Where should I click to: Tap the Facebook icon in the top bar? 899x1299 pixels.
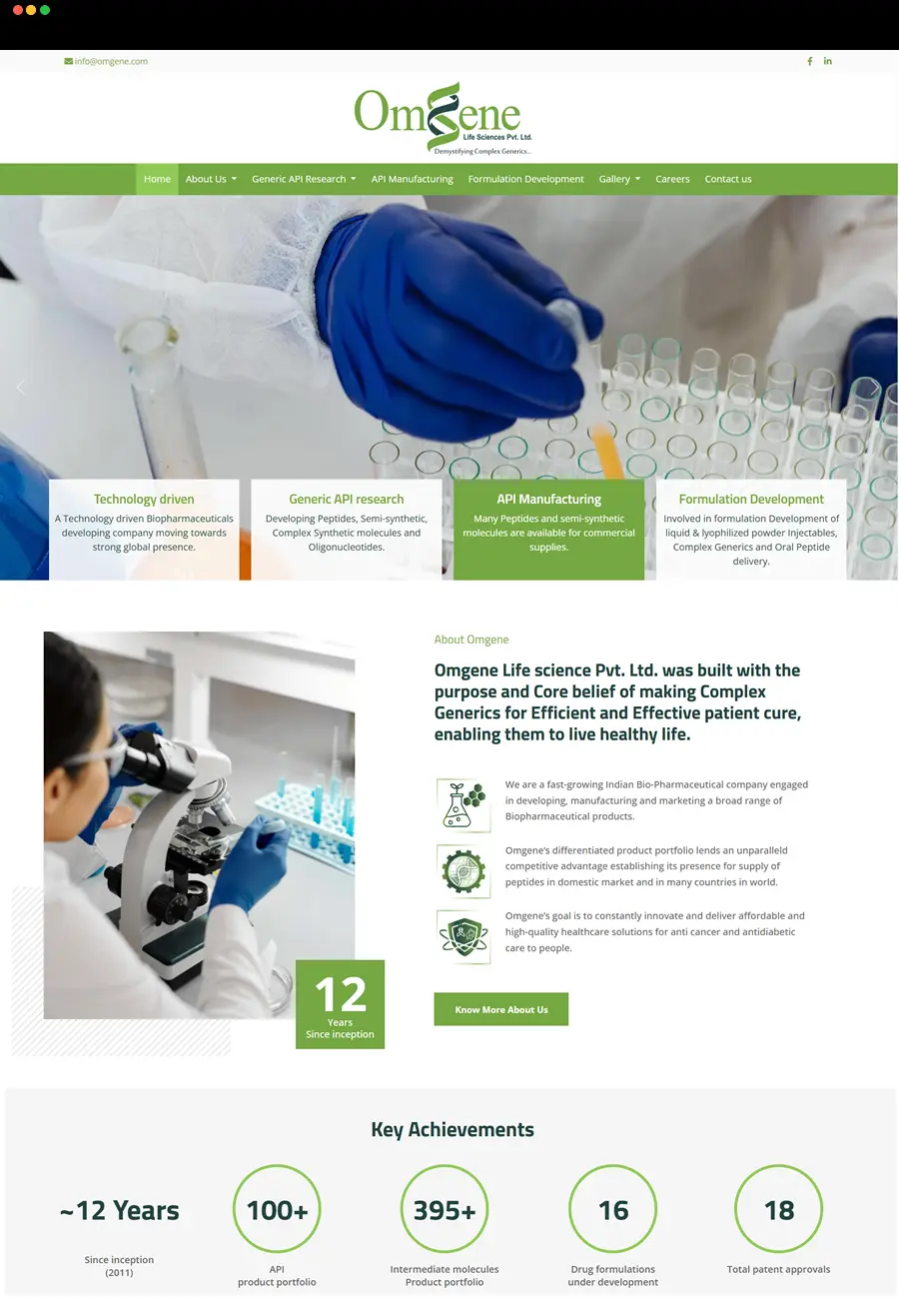(809, 61)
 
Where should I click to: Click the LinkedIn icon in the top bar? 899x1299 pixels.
(828, 61)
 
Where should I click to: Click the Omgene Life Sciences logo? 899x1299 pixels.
(444, 119)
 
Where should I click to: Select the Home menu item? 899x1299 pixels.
(157, 179)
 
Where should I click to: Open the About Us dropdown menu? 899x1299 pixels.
(211, 179)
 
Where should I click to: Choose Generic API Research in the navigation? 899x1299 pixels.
(304, 179)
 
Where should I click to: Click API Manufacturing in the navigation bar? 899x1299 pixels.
(412, 179)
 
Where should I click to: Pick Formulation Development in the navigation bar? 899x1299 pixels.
(525, 179)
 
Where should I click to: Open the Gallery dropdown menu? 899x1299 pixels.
(619, 179)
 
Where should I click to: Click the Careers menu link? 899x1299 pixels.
(672, 179)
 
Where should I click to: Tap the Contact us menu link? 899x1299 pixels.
(727, 179)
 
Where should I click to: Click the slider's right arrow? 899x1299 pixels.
(876, 388)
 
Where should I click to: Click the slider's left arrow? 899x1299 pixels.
(20, 388)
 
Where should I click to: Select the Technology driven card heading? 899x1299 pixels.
(144, 499)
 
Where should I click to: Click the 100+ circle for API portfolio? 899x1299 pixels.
(277, 1209)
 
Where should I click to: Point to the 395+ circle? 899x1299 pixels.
(445, 1209)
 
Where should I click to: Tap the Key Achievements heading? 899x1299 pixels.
(451, 1129)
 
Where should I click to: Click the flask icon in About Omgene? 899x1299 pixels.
(463, 805)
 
